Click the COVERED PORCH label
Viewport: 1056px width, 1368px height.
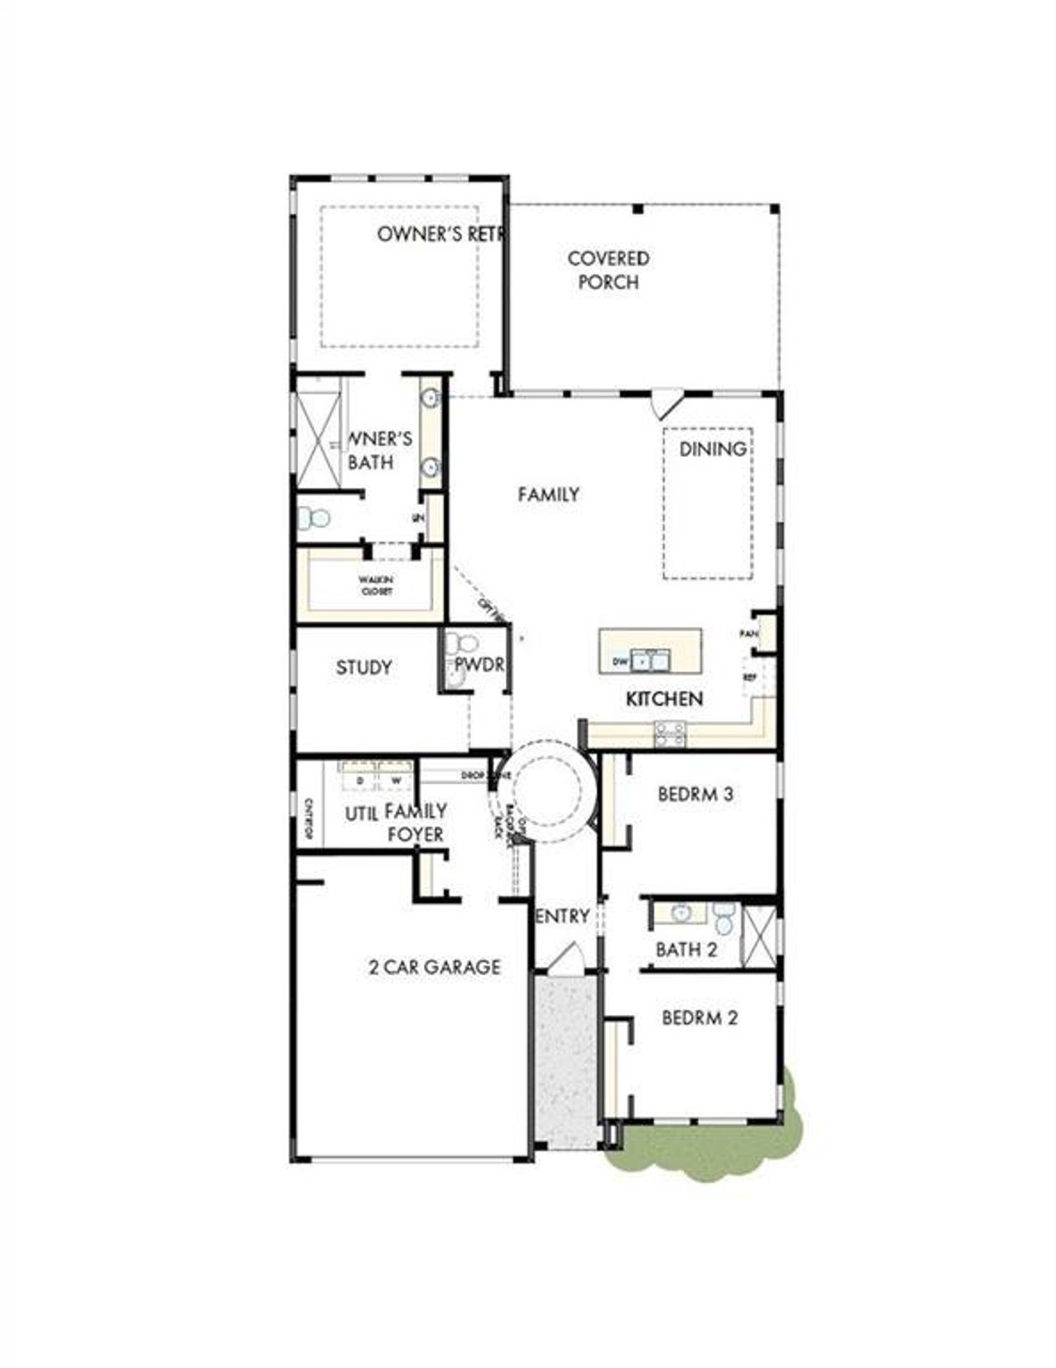click(x=608, y=270)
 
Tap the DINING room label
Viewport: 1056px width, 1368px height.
click(x=713, y=449)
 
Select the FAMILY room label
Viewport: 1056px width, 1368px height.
click(x=549, y=494)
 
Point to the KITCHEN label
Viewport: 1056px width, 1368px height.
click(x=664, y=699)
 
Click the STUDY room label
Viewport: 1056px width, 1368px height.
click(x=364, y=667)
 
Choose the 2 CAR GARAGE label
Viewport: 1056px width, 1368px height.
click(x=434, y=966)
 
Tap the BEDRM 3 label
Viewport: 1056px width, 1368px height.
click(x=695, y=795)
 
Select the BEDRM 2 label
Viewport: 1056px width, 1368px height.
click(x=700, y=1017)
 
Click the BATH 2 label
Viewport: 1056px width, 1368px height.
click(x=686, y=950)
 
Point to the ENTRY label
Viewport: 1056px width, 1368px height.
click(x=563, y=916)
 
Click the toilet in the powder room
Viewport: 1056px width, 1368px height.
click(x=466, y=643)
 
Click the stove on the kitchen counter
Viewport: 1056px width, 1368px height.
click(x=669, y=733)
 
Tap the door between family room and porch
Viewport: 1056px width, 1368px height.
click(x=665, y=404)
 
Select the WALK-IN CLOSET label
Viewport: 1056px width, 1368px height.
click(x=375, y=586)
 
